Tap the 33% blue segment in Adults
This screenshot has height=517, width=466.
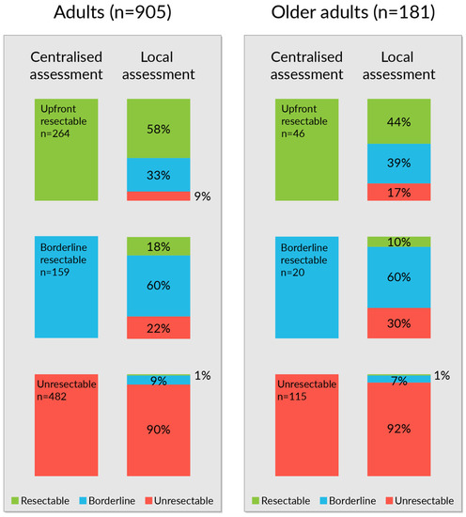[x=158, y=174]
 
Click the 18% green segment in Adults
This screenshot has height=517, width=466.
[x=158, y=245]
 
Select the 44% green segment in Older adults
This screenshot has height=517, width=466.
[x=399, y=120]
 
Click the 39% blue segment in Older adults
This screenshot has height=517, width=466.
[x=399, y=164]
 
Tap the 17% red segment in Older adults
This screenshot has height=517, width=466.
[x=399, y=193]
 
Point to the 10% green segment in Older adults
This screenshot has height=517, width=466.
[x=399, y=242]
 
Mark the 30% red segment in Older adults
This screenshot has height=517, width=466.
[x=399, y=322]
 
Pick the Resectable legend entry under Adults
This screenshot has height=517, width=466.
[x=43, y=499]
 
